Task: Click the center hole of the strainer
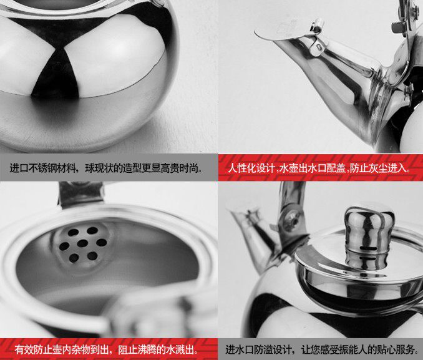(82, 243)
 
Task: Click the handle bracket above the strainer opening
(80, 193)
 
